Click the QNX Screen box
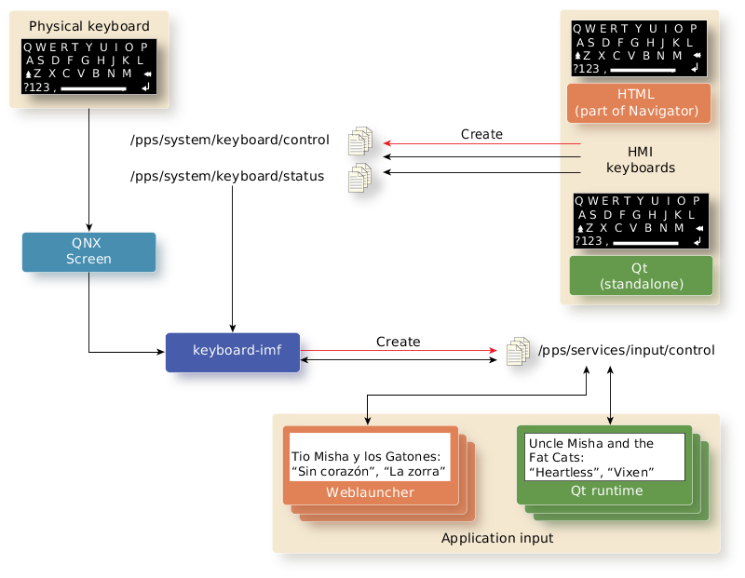88,252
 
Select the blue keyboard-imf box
233,352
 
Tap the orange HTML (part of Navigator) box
638,102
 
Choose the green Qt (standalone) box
640,276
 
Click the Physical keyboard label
89,26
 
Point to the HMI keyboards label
641,159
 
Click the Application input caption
497,538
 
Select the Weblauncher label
370,491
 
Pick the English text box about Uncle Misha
604,457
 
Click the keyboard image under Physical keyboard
88,67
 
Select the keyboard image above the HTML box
638,48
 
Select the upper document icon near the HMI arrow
359,141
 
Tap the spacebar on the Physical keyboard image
93,88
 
